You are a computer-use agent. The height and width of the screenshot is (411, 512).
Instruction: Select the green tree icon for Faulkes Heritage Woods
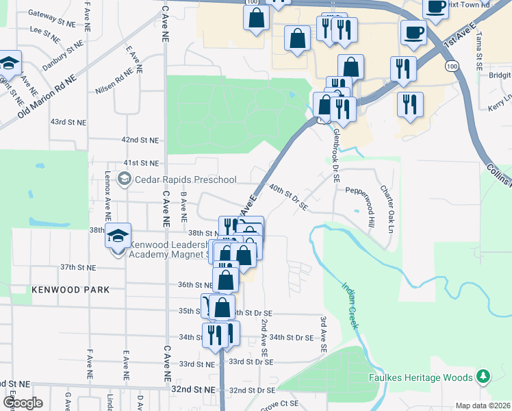point(484,377)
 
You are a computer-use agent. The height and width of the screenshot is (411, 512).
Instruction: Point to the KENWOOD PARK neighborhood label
point(71,290)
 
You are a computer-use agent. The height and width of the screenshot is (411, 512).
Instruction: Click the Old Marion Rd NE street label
point(47,95)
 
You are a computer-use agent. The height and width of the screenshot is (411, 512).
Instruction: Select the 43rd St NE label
point(68,122)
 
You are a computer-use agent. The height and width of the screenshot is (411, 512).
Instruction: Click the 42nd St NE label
point(140,140)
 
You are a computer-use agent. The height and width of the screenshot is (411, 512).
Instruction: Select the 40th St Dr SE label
point(288,196)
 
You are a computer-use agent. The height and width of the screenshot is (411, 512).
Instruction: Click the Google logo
point(23,403)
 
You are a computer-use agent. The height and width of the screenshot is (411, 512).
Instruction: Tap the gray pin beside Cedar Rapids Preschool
point(124,179)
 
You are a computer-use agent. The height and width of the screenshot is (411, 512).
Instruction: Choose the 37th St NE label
point(77,267)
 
